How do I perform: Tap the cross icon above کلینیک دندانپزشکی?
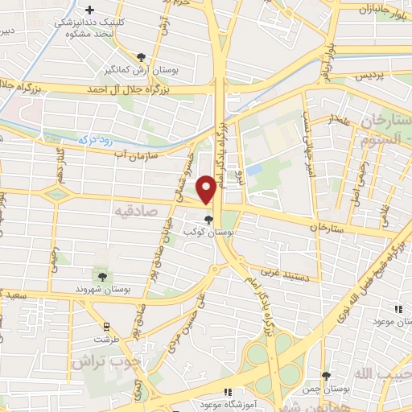101,8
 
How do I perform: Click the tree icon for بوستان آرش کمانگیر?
142,56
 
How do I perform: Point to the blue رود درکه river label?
95,140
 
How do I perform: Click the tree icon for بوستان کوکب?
209,220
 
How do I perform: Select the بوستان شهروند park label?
97,287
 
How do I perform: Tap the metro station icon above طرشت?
105,326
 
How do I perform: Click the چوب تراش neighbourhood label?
100,361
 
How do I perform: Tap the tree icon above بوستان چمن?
326,375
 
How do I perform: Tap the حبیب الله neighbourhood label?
385,375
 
